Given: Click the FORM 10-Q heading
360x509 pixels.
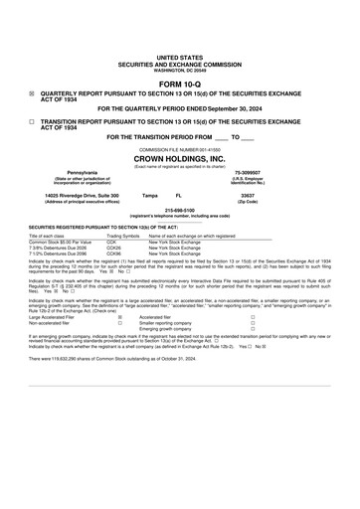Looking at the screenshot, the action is pos(179,84).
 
